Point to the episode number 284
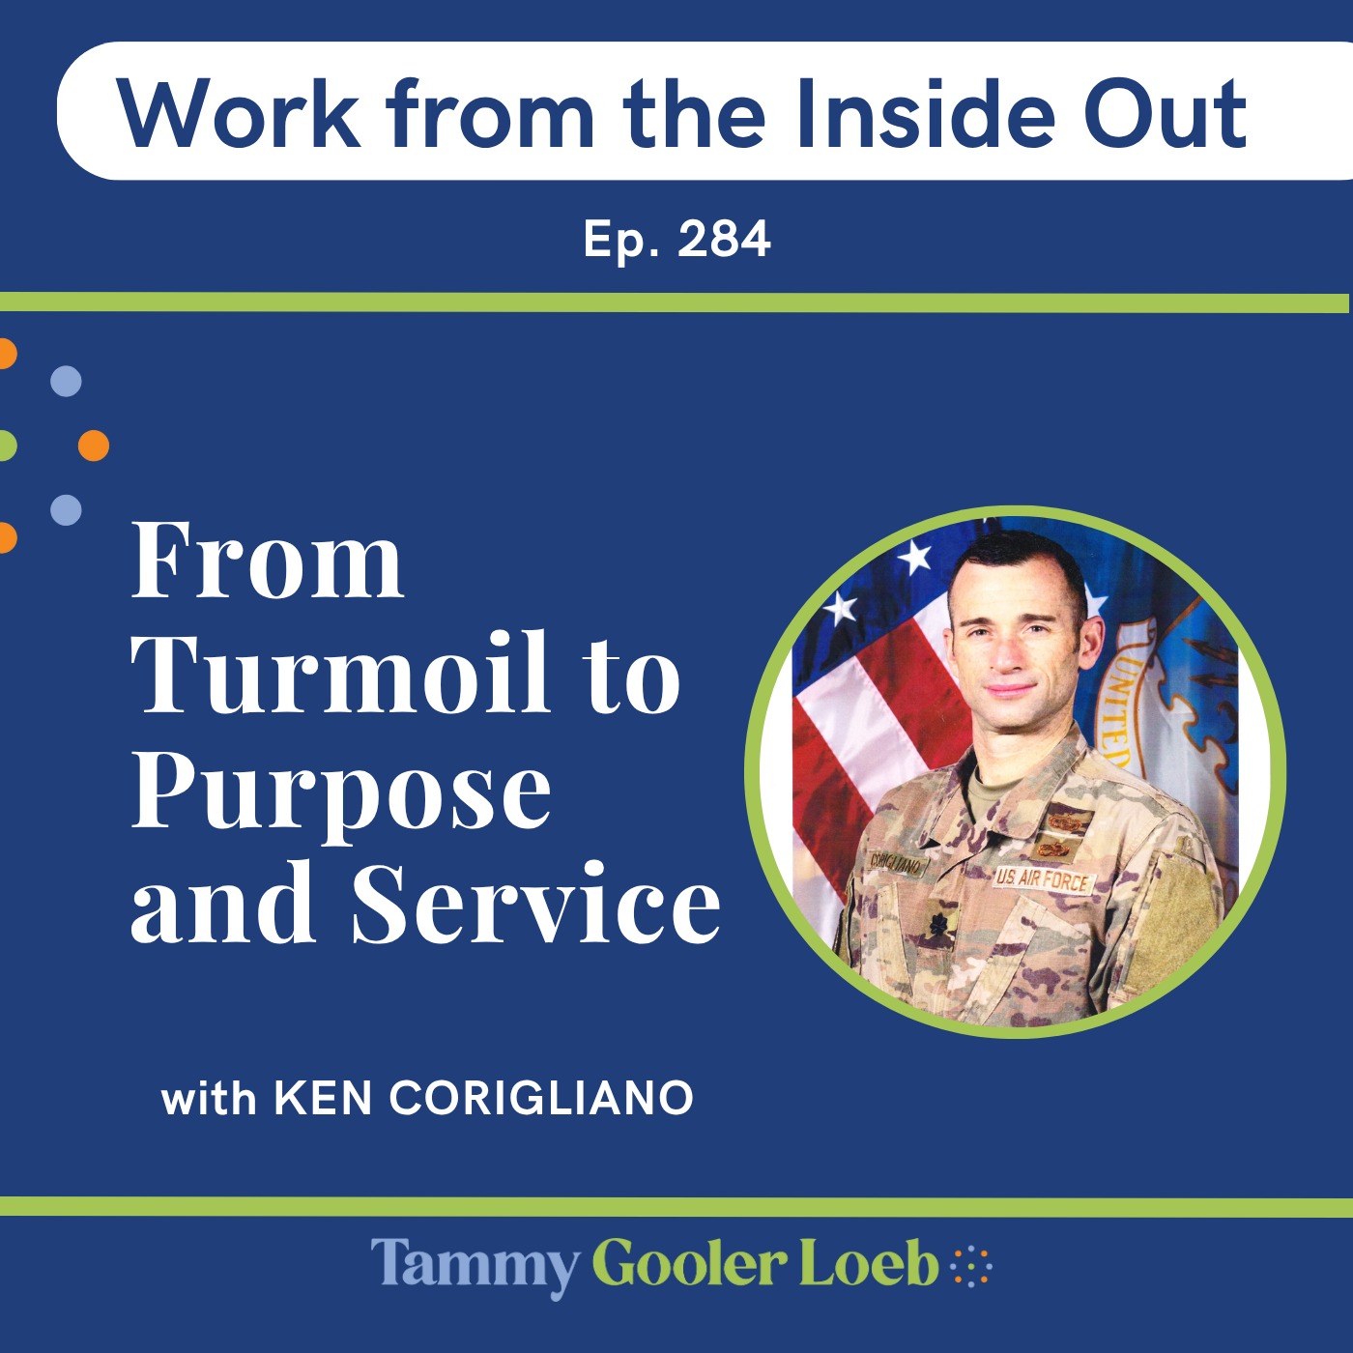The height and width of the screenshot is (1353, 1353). click(x=724, y=239)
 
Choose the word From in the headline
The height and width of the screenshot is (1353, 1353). click(x=268, y=561)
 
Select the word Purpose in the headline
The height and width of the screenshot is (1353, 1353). click(x=341, y=792)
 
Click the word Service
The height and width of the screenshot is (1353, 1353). click(x=536, y=903)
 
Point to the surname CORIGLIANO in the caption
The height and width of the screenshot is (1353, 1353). click(x=541, y=1099)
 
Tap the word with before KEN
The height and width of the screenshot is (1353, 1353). click(x=209, y=1099)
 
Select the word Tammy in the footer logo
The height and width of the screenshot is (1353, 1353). click(x=475, y=1265)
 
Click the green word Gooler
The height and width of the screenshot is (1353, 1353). click(x=689, y=1265)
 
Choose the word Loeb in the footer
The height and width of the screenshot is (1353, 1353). click(x=868, y=1265)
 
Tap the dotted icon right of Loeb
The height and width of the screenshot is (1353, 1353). click(x=971, y=1265)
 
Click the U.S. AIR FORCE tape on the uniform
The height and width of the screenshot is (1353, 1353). click(x=1043, y=880)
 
